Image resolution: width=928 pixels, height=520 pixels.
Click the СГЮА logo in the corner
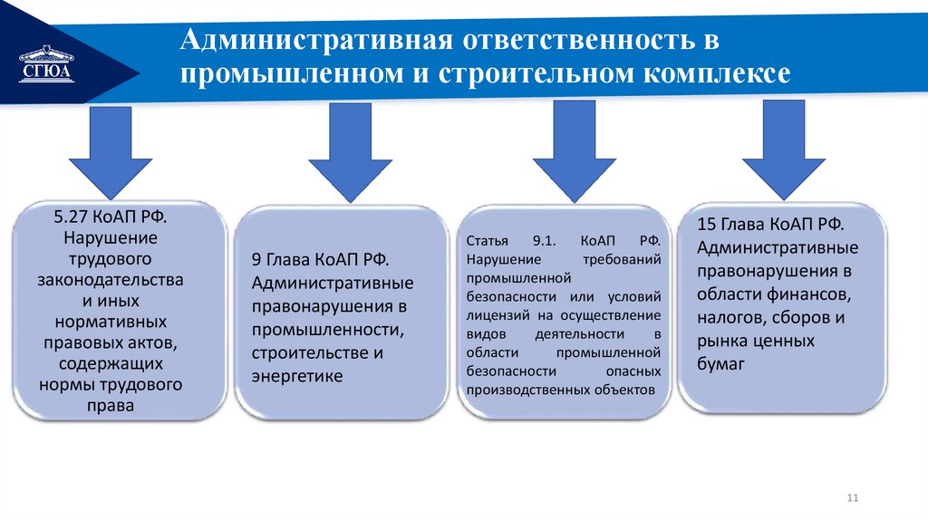tap(46, 65)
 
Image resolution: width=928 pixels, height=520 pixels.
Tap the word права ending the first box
tap(111, 405)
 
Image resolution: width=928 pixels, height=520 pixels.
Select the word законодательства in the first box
tap(111, 280)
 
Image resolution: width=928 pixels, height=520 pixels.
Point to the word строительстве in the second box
tap(307, 352)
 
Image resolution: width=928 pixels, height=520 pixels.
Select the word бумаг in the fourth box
tap(720, 364)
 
